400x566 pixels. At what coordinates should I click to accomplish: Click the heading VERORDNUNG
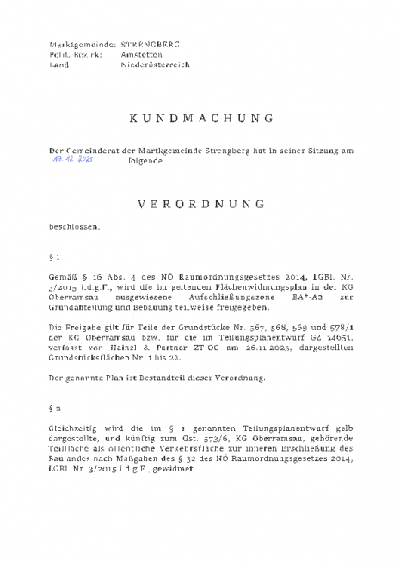point(201,205)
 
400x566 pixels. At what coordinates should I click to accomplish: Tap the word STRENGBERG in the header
point(150,44)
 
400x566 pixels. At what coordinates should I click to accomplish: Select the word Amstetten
point(138,54)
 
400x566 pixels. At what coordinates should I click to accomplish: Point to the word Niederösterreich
point(154,65)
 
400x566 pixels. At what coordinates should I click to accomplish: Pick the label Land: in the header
point(60,65)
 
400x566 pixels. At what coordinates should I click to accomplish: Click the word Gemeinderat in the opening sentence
point(89,150)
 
